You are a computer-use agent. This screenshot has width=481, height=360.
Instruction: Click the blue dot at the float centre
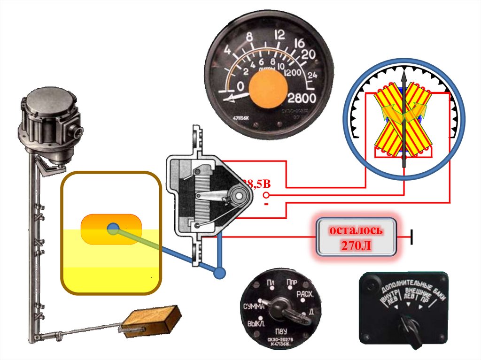coord(112,229)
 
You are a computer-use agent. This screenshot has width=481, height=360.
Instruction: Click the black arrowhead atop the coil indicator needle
coord(403,76)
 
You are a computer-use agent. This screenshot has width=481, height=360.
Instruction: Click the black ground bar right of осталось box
coord(412,237)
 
